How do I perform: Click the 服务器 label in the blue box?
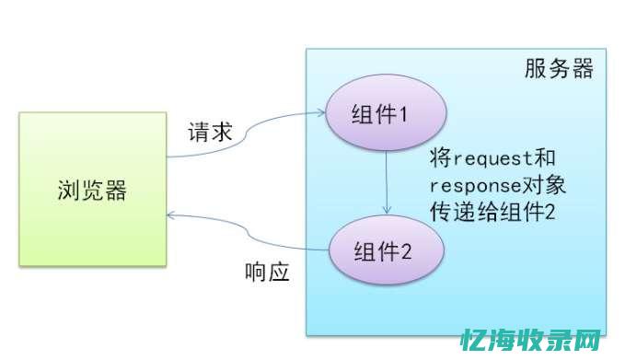click(559, 70)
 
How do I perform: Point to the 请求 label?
click(211, 131)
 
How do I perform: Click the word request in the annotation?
click(492, 157)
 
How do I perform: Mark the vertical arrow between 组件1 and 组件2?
click(388, 180)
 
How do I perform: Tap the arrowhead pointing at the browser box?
click(170, 215)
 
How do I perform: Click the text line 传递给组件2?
click(492, 211)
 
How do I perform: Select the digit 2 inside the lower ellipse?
click(406, 249)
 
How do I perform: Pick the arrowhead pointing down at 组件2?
click(388, 210)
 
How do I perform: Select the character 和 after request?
click(547, 157)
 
